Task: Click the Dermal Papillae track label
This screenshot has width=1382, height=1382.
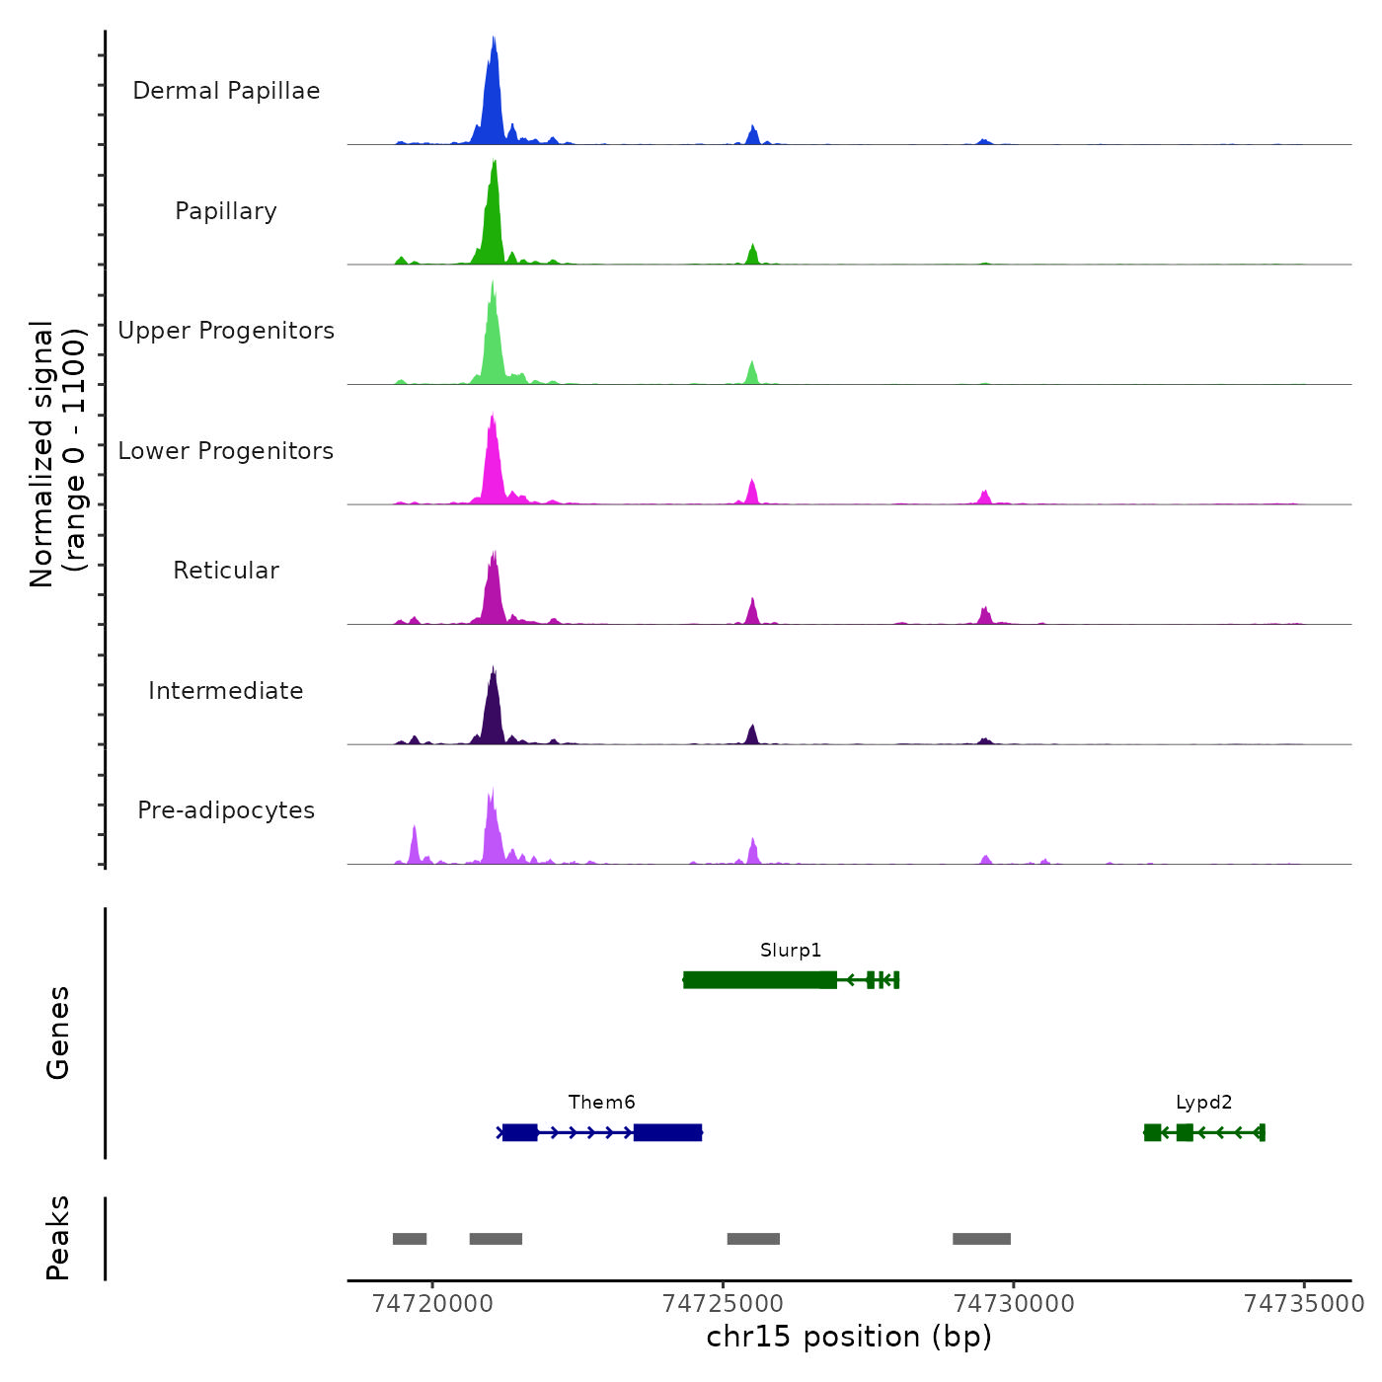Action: click(226, 91)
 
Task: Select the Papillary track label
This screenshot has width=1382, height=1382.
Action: click(226, 211)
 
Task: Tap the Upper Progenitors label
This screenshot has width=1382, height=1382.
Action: click(226, 331)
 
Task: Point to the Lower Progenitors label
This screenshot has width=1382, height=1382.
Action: click(226, 451)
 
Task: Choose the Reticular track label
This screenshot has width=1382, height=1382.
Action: click(226, 571)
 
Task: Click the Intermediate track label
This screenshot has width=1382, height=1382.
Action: click(226, 691)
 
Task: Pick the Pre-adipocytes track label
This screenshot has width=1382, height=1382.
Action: click(226, 810)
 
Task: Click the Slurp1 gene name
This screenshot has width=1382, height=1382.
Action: click(791, 951)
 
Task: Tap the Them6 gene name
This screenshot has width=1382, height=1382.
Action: click(601, 1103)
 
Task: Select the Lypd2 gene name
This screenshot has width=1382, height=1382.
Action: click(1203, 1103)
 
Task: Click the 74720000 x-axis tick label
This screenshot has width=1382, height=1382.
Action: click(432, 1304)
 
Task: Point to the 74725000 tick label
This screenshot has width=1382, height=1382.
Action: click(724, 1304)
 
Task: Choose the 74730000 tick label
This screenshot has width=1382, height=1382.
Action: click(1014, 1304)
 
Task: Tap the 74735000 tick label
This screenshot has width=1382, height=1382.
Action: click(1304, 1304)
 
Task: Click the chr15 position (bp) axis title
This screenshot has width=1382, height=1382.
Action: click(849, 1337)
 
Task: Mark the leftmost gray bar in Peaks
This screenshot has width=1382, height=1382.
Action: click(410, 1239)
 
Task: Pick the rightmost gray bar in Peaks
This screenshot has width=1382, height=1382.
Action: click(981, 1239)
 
